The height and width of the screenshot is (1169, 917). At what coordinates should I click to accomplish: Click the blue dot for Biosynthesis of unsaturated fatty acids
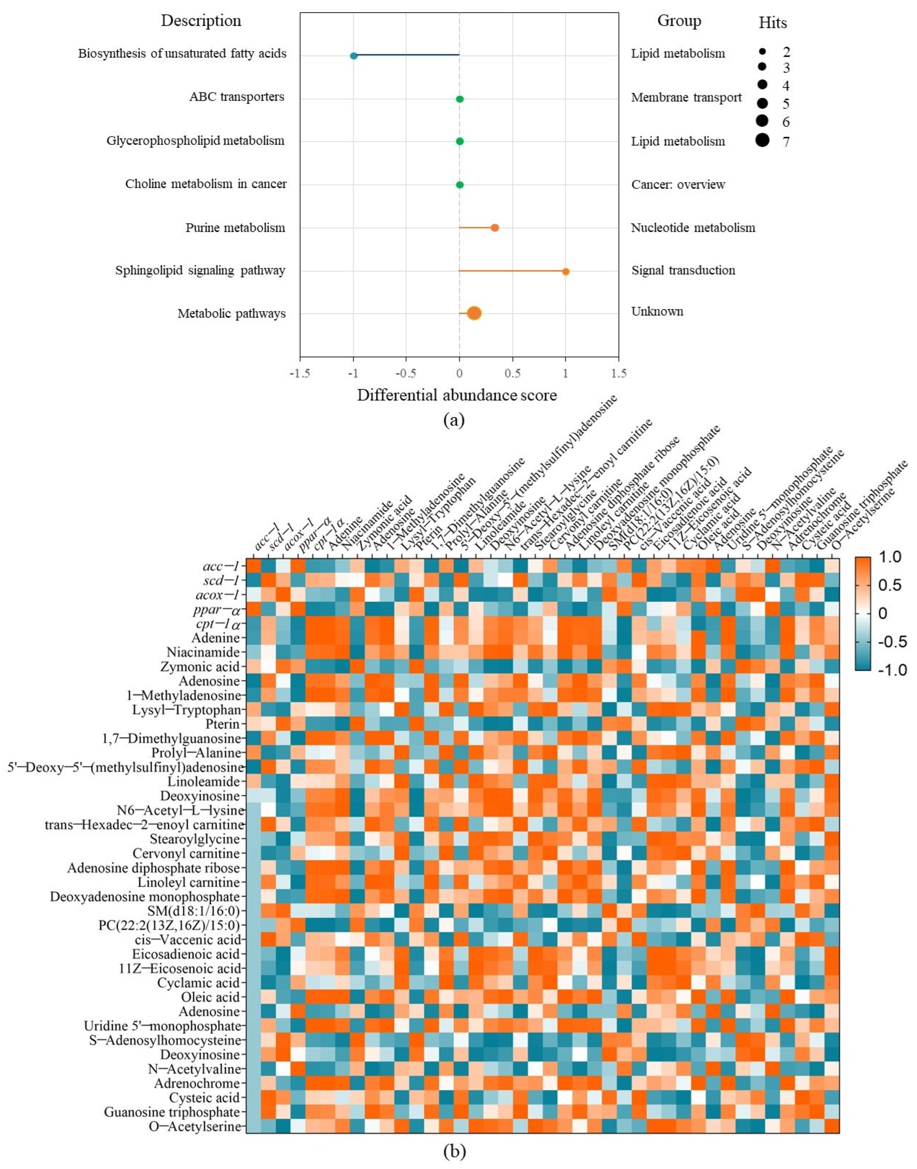point(353,56)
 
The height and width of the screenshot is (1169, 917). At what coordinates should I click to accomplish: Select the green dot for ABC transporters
point(460,99)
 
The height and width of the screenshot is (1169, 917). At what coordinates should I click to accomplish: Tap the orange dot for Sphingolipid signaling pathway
point(565,272)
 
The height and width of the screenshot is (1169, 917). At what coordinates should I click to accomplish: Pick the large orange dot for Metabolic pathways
point(474,313)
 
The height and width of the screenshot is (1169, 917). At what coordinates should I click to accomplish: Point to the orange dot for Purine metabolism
point(494,228)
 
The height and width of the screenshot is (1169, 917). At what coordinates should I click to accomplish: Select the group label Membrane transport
point(686,97)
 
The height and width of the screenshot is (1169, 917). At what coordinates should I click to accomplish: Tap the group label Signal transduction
point(683,270)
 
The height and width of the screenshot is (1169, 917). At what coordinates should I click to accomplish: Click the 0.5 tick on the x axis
point(512,373)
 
